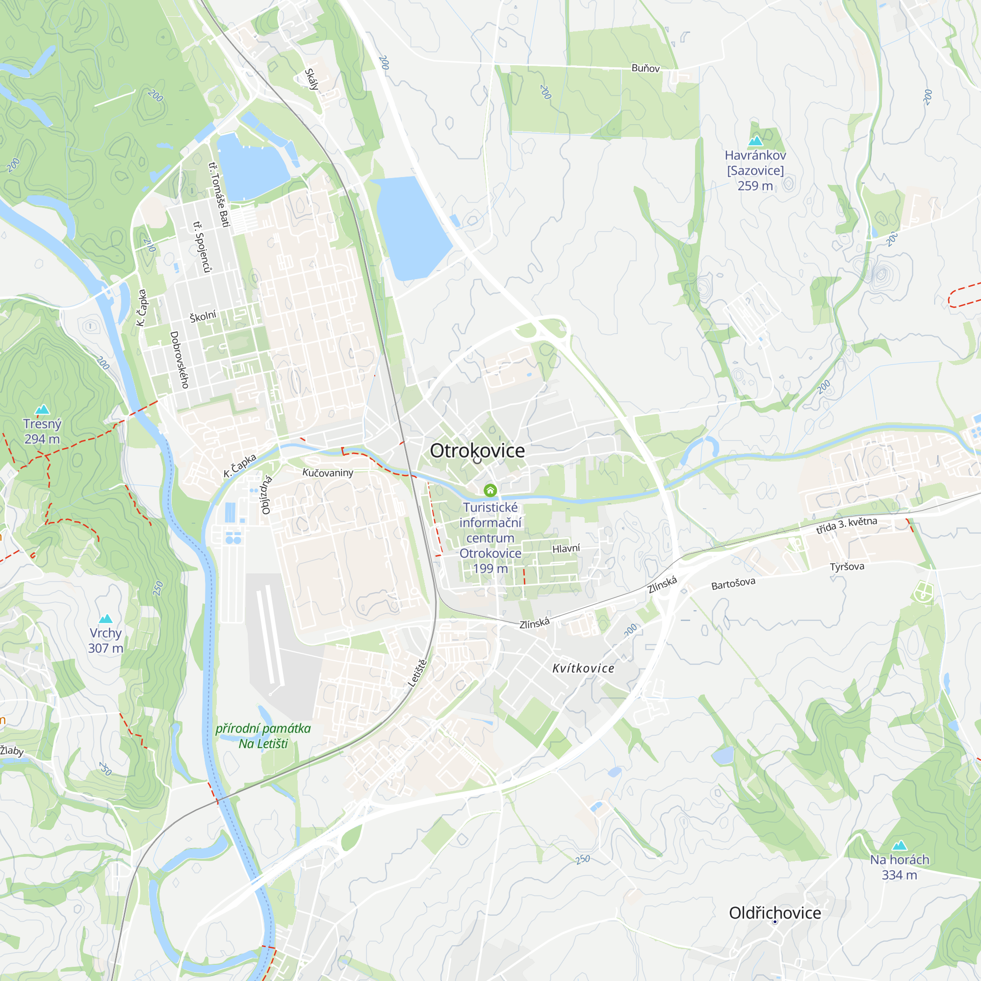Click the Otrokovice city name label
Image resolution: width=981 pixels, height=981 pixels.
point(477,450)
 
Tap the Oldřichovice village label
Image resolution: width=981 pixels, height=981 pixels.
point(775,912)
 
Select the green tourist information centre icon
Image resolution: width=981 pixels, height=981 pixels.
point(490,490)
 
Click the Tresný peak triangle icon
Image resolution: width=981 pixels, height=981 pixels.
point(42,409)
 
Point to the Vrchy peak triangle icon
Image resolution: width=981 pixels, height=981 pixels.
point(105,618)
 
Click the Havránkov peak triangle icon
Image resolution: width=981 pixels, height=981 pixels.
point(755,141)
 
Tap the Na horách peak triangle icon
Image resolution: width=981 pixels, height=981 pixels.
point(899,845)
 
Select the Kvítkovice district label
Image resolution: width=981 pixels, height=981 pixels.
point(583,668)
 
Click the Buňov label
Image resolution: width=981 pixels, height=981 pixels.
point(645,68)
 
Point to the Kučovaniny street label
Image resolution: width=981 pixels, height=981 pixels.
point(328,472)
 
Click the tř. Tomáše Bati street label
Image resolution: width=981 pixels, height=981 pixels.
point(219,194)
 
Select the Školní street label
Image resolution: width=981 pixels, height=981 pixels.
point(203,316)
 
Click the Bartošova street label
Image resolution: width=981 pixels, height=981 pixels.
point(733,584)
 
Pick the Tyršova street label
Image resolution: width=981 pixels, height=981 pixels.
point(847,566)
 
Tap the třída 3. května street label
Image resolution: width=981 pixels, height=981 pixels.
point(847,525)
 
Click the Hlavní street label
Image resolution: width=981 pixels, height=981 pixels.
point(566,548)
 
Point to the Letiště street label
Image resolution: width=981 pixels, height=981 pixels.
point(417,673)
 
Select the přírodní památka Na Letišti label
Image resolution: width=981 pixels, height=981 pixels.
point(263,736)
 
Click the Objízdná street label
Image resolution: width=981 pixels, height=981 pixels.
point(266,495)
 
